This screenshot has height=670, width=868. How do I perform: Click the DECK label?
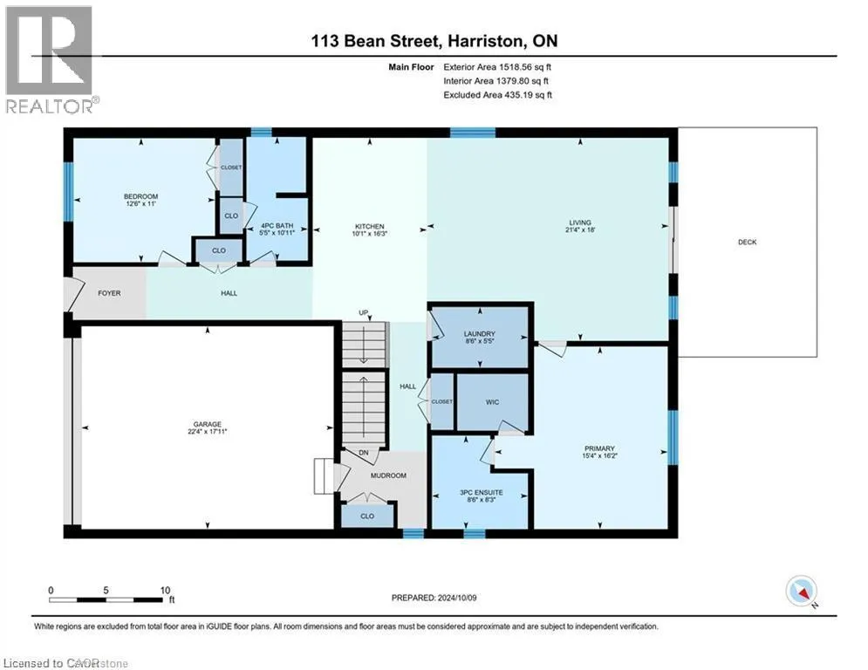pyautogui.click(x=747, y=242)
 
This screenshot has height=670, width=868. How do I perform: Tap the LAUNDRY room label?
pyautogui.click(x=480, y=334)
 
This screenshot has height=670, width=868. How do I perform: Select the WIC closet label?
pyautogui.click(x=492, y=402)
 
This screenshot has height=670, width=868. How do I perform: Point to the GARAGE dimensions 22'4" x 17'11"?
pyautogui.click(x=207, y=431)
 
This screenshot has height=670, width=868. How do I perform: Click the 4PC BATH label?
pyautogui.click(x=277, y=226)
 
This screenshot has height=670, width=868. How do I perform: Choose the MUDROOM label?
pyautogui.click(x=388, y=475)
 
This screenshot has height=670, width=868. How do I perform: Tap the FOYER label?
pyautogui.click(x=109, y=293)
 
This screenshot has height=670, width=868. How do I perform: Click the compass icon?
pyautogui.click(x=802, y=591)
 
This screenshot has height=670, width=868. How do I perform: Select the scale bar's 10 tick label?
pyautogui.click(x=165, y=591)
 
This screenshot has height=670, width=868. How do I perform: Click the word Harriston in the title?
pyautogui.click(x=484, y=41)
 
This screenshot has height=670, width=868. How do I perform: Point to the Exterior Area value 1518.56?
pyautogui.click(x=516, y=67)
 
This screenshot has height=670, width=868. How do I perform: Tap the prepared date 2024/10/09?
pyautogui.click(x=457, y=598)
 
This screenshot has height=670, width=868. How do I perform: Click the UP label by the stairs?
pyautogui.click(x=363, y=313)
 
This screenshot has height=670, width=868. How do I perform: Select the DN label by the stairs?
pyautogui.click(x=363, y=453)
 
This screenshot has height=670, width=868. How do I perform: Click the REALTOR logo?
pyautogui.click(x=50, y=59)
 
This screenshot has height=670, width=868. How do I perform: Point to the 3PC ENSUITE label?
pyautogui.click(x=481, y=492)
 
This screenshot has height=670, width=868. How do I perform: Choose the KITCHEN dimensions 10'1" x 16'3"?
pyautogui.click(x=369, y=234)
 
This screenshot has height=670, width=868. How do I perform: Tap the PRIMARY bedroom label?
pyautogui.click(x=599, y=448)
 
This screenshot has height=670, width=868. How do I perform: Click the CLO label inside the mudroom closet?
pyautogui.click(x=367, y=516)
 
